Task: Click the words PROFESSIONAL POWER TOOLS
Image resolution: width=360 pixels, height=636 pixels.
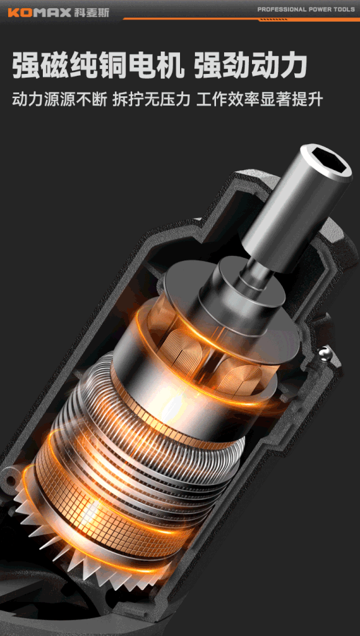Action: pyautogui.click(x=306, y=9)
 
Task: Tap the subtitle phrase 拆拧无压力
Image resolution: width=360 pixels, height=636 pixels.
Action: pyautogui.click(x=151, y=99)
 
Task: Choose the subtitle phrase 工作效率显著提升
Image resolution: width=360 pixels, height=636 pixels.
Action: pyautogui.click(x=259, y=99)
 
